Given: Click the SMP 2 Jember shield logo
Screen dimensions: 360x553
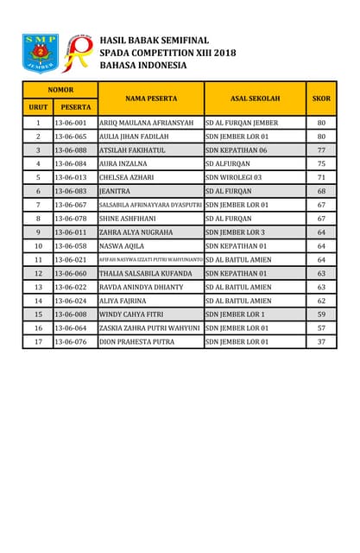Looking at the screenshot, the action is tap(40, 53).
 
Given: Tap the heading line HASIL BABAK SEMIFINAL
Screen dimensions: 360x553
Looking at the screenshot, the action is tap(155, 40).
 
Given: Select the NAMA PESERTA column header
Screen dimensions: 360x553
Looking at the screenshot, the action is tap(151, 99).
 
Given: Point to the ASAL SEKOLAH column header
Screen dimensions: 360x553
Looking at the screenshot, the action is tap(256, 99).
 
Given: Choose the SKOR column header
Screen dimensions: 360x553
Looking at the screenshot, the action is tap(321, 99).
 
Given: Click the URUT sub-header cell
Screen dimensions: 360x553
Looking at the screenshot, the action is tap(38, 107).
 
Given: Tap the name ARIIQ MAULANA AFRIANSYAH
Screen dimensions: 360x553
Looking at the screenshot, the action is tap(147, 123).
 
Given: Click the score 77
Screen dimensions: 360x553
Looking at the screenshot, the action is tap(321, 149).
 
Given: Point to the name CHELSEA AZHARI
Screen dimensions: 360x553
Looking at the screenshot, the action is tap(126, 177).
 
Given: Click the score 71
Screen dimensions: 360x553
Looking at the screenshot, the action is tap(321, 177).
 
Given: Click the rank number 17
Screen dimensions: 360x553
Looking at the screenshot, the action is tap(38, 341).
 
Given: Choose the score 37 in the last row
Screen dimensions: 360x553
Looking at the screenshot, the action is tap(321, 341).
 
